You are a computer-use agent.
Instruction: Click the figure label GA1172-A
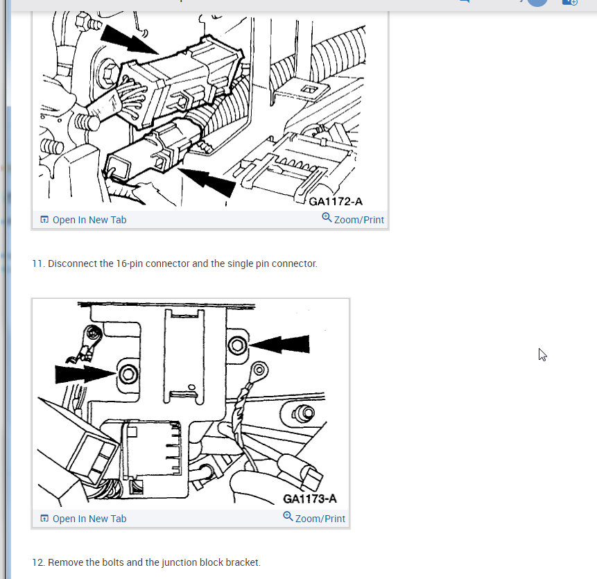coord(336,201)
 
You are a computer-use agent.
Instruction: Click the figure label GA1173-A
coord(310,499)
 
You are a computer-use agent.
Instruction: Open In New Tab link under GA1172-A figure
coord(83,220)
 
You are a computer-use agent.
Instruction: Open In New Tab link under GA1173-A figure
coord(83,519)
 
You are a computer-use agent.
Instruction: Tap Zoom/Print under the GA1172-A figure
coord(353,219)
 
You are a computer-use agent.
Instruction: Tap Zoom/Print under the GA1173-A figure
coord(314,518)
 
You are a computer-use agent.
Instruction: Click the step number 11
coord(38,263)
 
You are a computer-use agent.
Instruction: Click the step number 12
coord(38,562)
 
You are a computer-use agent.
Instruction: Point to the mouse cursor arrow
coord(542,354)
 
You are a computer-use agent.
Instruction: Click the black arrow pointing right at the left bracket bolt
coord(85,374)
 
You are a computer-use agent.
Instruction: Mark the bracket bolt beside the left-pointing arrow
coord(237,345)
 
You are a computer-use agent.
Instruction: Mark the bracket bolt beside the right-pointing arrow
coord(128,374)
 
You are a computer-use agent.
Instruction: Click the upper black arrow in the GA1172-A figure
coord(130,40)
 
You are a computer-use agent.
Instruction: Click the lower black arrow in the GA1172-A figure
coord(207,182)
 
